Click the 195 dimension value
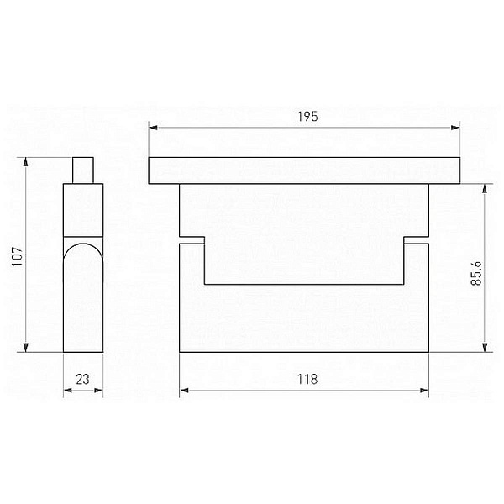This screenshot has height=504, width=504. (x=307, y=117)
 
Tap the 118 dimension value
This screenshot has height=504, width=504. (x=307, y=380)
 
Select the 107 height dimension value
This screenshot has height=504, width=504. (x=18, y=256)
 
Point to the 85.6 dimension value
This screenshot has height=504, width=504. (x=476, y=273)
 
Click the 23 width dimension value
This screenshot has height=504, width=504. (x=82, y=380)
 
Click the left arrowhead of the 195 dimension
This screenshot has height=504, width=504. (x=153, y=128)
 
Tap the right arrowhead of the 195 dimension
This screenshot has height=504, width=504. (x=455, y=128)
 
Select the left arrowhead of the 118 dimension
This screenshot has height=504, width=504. (x=184, y=391)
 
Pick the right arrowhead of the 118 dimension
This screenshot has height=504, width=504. (x=424, y=391)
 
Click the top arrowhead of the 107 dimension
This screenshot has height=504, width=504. (x=25, y=162)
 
